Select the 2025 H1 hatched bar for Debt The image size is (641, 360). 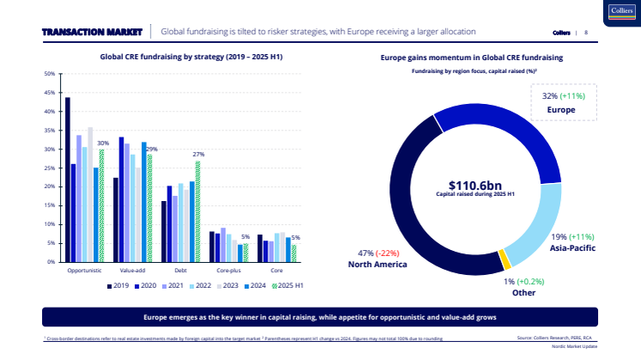(x=198, y=211)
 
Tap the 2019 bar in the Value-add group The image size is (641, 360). (x=116, y=219)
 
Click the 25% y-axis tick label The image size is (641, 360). (x=50, y=168)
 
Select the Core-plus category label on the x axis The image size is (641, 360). (x=228, y=270)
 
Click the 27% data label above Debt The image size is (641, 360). (x=198, y=156)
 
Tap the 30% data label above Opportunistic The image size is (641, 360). (x=102, y=143)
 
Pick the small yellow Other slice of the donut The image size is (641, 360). (x=505, y=259)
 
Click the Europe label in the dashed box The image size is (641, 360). (x=560, y=110)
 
